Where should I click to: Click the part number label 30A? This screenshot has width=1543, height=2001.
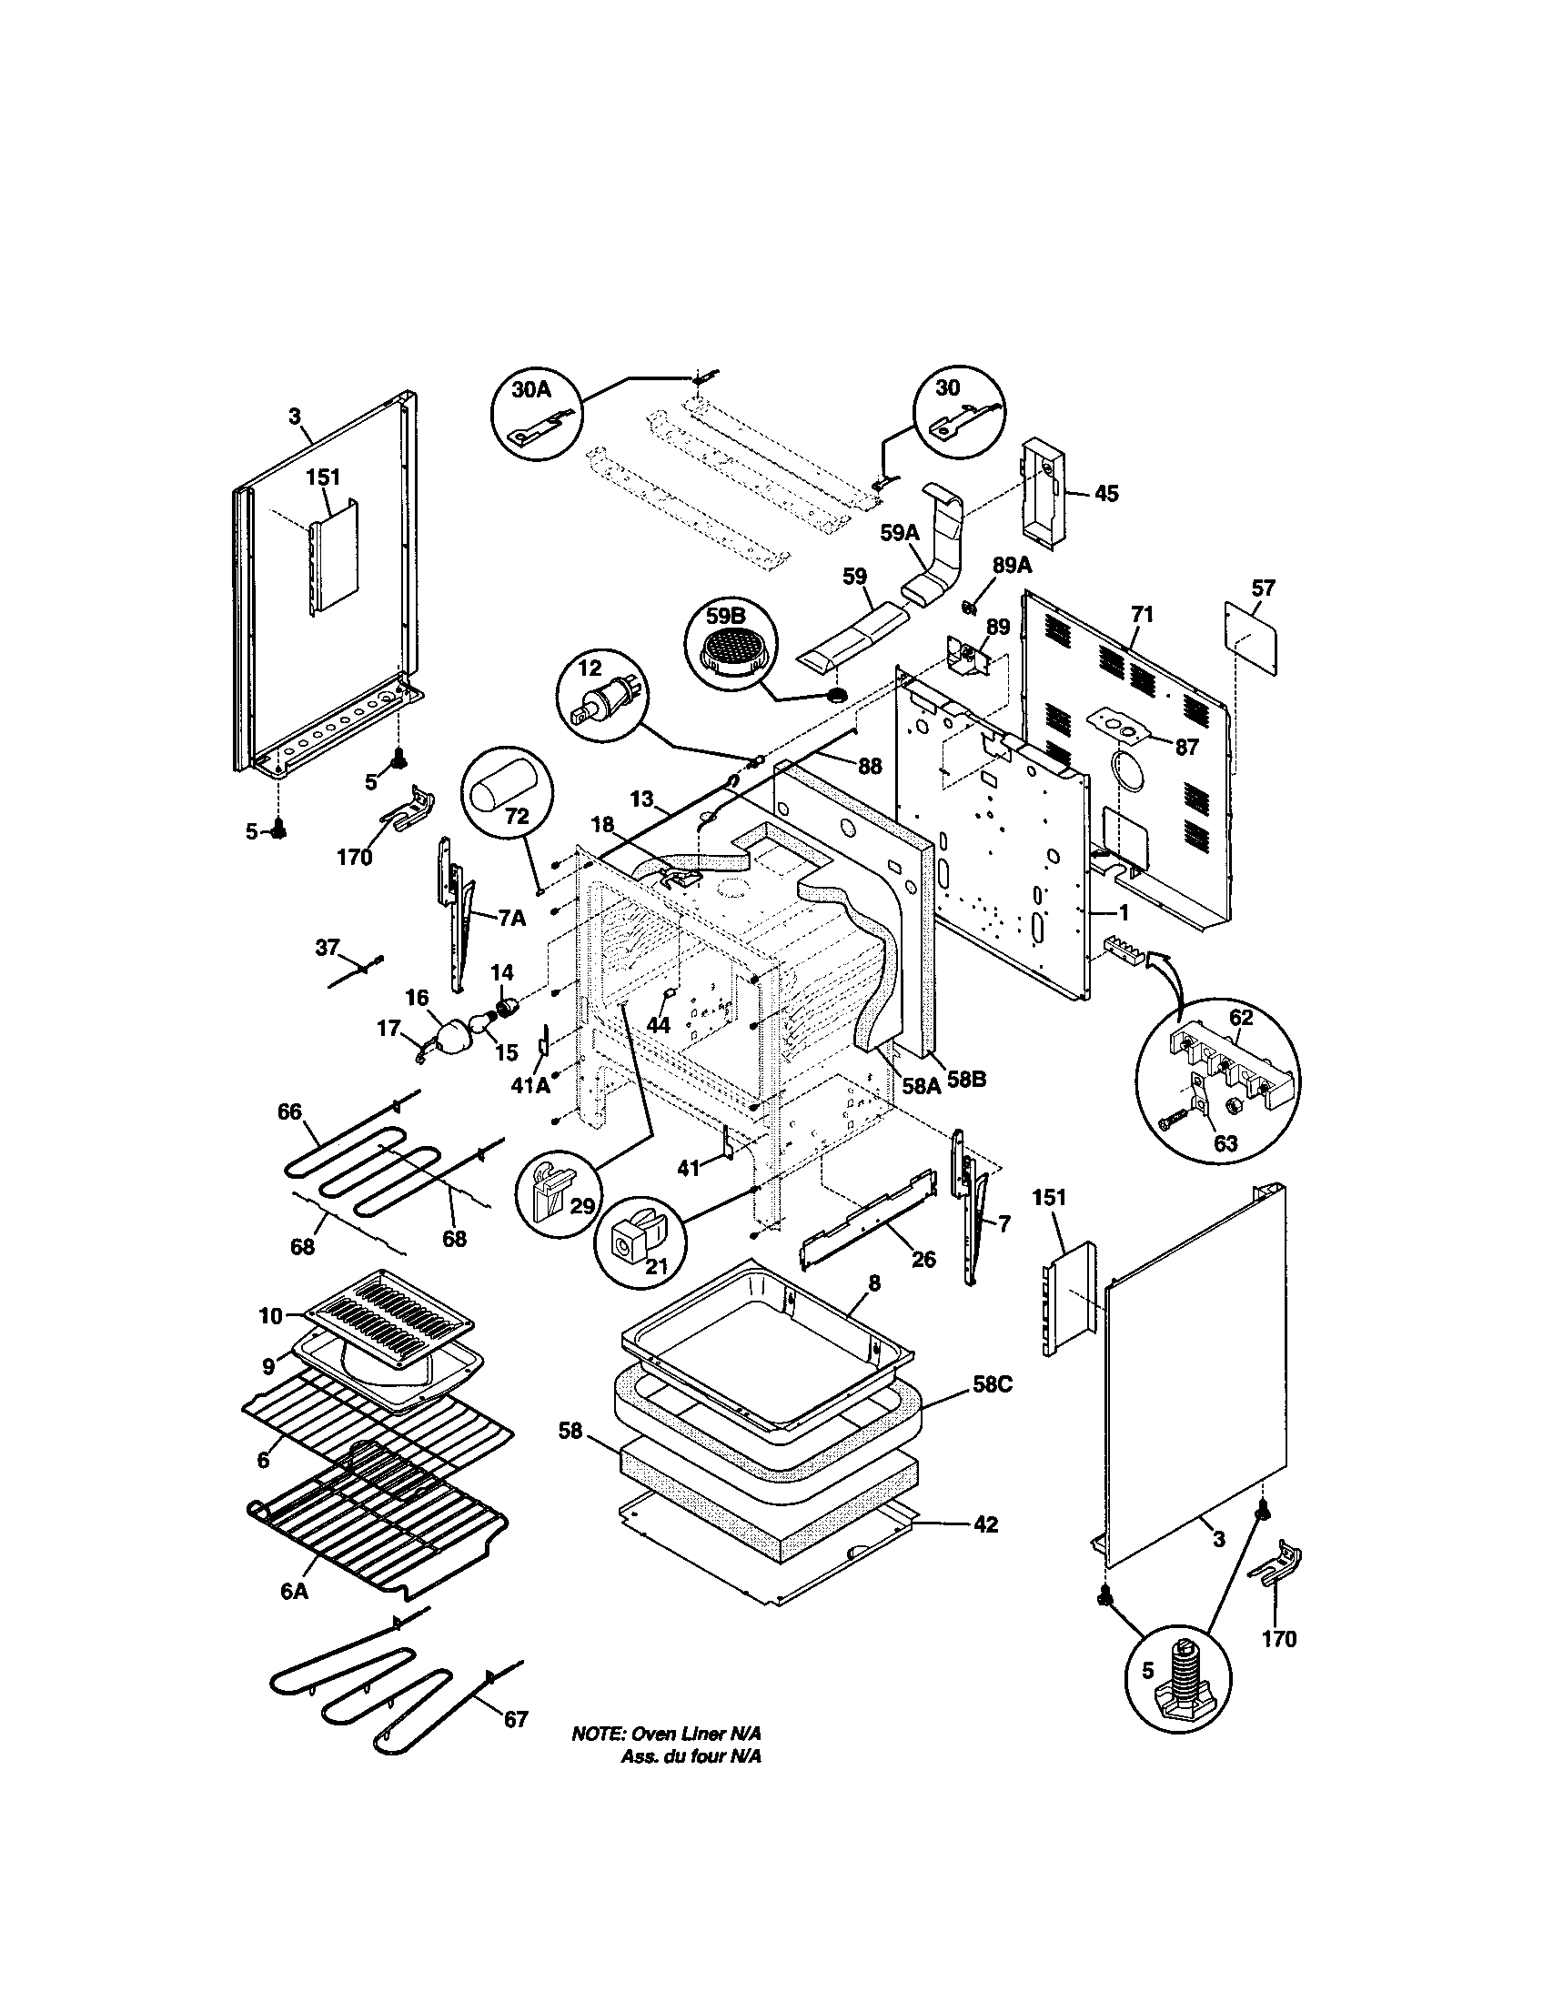click(531, 389)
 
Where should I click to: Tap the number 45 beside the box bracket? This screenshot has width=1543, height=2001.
click(1107, 494)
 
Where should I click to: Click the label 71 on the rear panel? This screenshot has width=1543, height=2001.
click(1141, 616)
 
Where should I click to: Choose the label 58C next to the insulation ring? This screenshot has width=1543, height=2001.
click(993, 1412)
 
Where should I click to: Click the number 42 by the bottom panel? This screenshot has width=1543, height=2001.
click(984, 1525)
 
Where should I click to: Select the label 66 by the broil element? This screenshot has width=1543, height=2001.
click(289, 1112)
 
